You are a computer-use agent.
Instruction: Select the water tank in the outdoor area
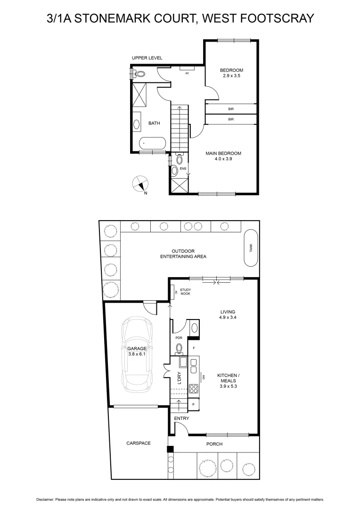point(251,248)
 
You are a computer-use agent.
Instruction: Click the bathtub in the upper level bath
point(152,143)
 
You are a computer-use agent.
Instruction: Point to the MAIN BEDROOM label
point(223,153)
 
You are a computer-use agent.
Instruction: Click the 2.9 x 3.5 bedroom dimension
point(231,75)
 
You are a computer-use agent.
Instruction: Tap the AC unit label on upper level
point(187,73)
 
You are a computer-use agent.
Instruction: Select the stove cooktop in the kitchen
point(194,389)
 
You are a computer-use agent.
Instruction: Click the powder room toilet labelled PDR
point(179,348)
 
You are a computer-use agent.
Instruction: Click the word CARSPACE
point(138,443)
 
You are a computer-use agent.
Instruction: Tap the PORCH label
point(214,444)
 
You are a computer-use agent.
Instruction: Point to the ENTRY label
point(181,419)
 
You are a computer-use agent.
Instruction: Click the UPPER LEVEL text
point(147,58)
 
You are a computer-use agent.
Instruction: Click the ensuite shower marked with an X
point(179,185)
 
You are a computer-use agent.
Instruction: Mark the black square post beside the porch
point(171,450)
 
